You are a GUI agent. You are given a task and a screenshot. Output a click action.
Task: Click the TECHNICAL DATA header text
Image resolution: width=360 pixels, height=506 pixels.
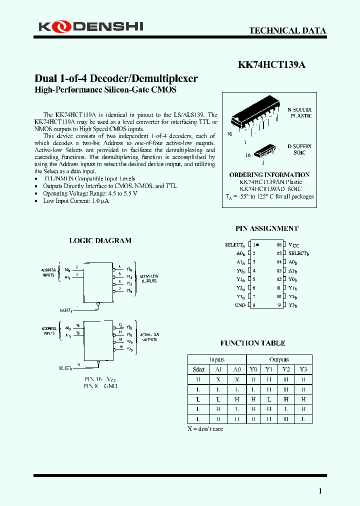287,30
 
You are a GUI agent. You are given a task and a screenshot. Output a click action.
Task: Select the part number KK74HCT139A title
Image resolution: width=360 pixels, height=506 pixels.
271,64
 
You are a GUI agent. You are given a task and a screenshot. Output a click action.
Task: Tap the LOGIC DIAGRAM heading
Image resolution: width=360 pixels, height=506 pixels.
100,240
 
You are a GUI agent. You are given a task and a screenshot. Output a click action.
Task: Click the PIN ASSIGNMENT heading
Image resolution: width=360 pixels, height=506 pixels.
266,228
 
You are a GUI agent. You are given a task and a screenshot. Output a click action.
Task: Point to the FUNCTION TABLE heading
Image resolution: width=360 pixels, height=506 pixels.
252,343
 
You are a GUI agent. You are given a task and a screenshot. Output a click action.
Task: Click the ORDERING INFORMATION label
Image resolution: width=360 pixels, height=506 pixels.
269,175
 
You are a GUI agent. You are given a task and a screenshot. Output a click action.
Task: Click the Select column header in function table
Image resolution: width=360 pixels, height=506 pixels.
198,369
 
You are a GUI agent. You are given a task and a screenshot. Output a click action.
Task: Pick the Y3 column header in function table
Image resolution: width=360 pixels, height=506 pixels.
303,369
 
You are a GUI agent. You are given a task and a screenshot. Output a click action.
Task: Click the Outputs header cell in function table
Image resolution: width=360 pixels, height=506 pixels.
279,359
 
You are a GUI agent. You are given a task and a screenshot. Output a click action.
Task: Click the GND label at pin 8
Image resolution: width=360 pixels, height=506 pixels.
240,305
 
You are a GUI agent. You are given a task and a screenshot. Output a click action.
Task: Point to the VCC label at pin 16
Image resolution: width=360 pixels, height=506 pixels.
294,245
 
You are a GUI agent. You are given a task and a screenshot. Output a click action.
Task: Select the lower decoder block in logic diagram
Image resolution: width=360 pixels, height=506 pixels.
99,340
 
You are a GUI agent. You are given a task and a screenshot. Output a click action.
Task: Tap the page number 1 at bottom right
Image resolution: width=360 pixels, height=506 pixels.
320,491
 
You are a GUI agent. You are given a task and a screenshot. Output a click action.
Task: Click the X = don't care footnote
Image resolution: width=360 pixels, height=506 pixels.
205,429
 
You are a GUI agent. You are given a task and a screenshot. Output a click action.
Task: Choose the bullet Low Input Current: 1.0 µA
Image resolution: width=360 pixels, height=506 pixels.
76,201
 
